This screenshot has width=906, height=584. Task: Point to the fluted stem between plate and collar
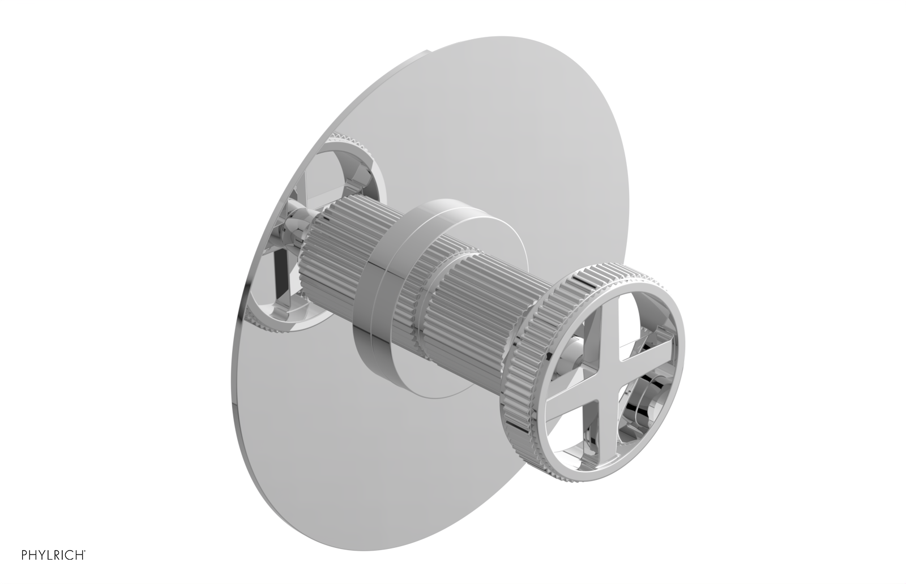[334, 255]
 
